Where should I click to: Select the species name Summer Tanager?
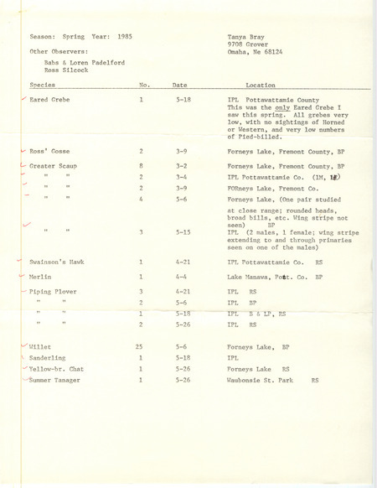54,380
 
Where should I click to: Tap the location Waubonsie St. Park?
268,380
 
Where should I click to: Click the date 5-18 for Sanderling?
182,356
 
